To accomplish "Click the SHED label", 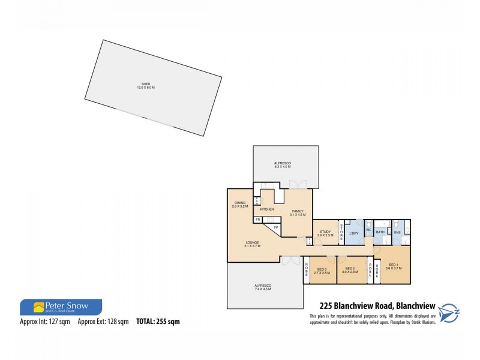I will click(146, 84).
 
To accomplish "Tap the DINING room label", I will click(239, 203).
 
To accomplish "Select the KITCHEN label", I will click(267, 209).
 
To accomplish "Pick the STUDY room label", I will click(325, 232).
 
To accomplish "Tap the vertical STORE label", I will click(341, 231).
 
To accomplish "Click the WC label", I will click(369, 230).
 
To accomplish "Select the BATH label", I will click(380, 232).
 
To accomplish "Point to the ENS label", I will click(397, 232).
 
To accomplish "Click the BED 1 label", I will click(394, 265).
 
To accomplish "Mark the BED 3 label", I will click(323, 269).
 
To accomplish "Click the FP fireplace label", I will click(275, 227).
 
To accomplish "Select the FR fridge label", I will click(258, 220).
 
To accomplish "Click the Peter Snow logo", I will click(61, 307).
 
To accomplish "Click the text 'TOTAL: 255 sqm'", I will click(158, 322).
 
